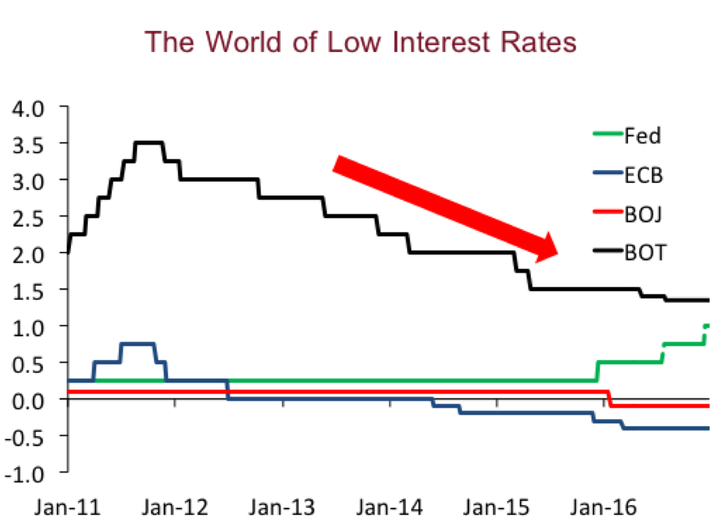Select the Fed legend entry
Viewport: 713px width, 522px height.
[641, 136]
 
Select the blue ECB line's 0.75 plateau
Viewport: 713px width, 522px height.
[138, 343]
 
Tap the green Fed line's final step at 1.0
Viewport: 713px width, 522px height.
[707, 326]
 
